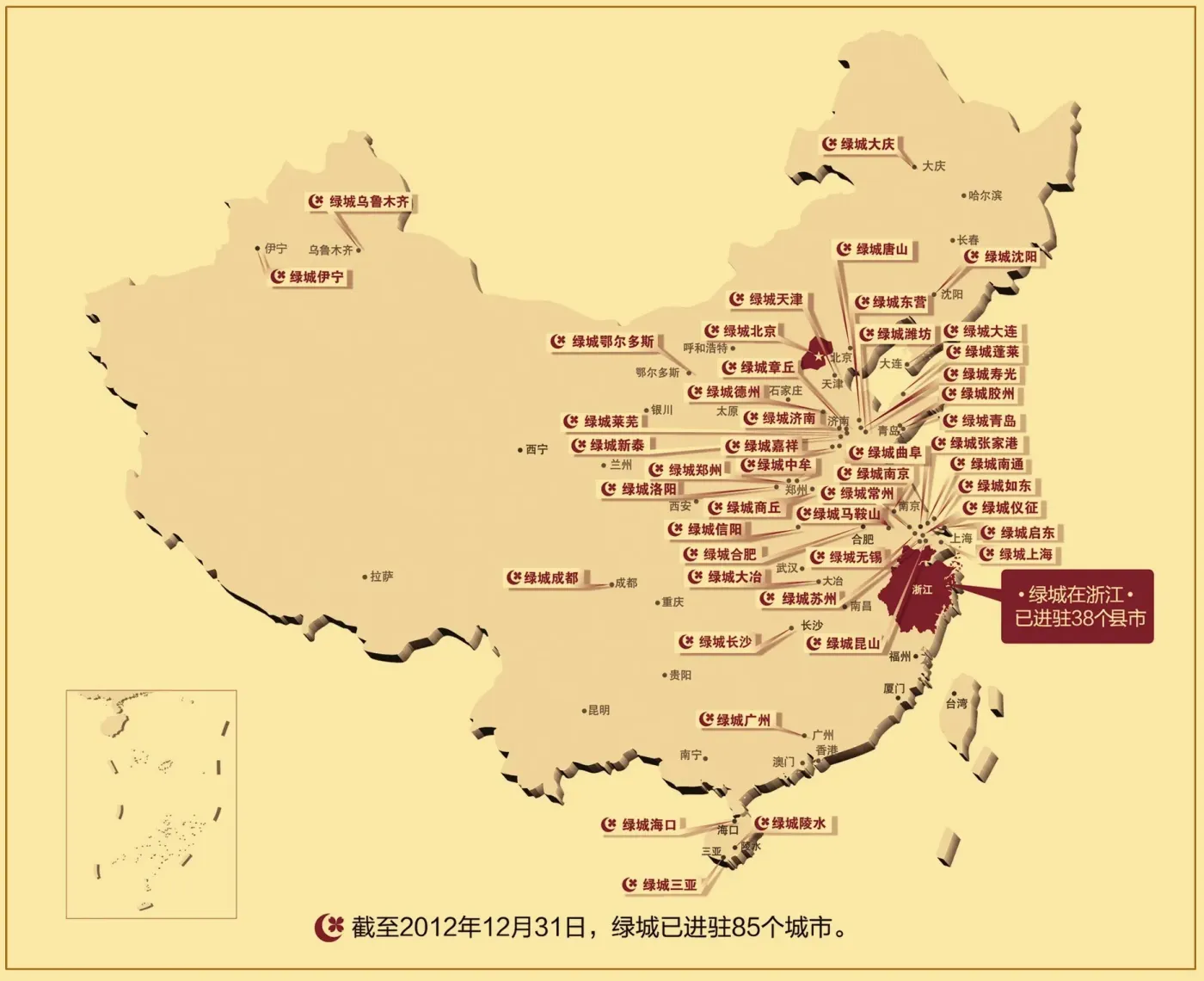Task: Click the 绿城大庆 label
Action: (859, 145)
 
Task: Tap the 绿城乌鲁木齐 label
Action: (361, 201)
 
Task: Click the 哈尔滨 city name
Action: (985, 195)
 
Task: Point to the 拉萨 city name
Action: (381, 577)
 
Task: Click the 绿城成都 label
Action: (544, 577)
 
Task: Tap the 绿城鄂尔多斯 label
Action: (604, 342)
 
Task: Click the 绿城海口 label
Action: (641, 825)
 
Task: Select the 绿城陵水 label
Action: (791, 824)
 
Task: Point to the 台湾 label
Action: (956, 703)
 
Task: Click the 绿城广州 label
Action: (736, 719)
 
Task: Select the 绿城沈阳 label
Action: (1002, 256)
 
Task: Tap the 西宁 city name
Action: (536, 449)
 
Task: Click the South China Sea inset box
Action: (151, 803)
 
